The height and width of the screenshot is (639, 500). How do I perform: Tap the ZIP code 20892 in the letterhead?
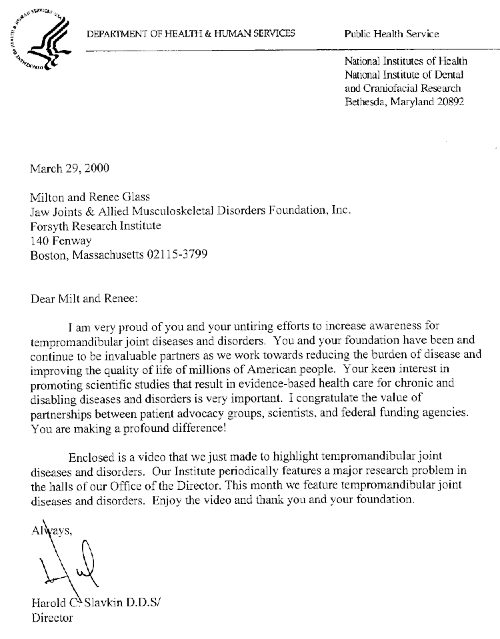click(x=447, y=102)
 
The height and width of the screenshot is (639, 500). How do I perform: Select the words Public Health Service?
click(x=391, y=34)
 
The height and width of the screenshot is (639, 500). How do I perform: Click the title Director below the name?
click(x=52, y=618)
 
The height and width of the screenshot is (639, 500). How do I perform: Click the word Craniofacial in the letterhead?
click(x=393, y=88)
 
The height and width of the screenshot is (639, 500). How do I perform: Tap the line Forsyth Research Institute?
click(x=96, y=226)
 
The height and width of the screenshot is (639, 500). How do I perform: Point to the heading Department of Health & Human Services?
click(x=190, y=33)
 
